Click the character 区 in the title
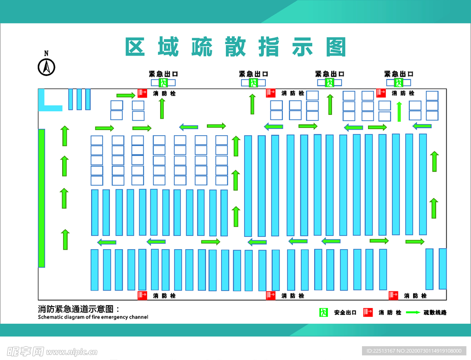point(136,47)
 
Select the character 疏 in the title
point(202,47)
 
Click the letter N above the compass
point(46,53)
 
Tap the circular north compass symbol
point(46,68)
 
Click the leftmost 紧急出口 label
point(163,74)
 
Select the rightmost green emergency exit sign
point(398,83)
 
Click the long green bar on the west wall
point(41,198)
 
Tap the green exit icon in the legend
point(324,313)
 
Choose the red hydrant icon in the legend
point(368,313)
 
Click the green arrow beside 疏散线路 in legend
point(413,313)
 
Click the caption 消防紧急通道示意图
point(79,309)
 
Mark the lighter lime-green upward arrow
point(399,112)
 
